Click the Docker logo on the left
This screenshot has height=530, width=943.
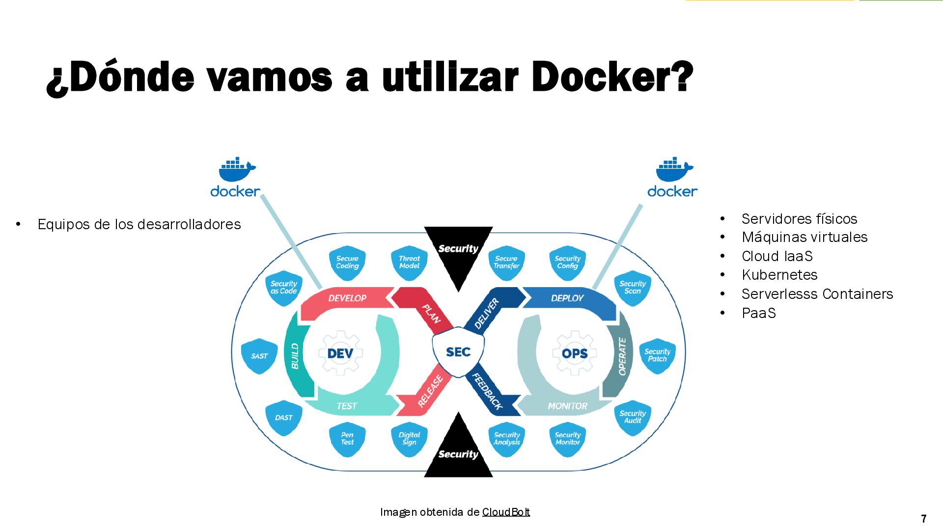tap(235, 178)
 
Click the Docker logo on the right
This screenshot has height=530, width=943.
tap(672, 178)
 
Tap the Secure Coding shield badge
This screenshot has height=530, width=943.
tap(347, 263)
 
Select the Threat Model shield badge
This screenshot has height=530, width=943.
tap(409, 263)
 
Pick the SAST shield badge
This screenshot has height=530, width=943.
tap(259, 356)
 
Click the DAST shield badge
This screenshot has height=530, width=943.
tap(283, 418)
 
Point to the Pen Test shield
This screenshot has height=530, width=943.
tap(347, 438)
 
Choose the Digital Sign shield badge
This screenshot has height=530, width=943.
tap(409, 438)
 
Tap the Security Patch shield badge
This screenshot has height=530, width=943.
tap(657, 355)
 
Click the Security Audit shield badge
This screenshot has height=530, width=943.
tap(633, 417)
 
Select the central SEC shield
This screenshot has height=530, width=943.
tap(458, 352)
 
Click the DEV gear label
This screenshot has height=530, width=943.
tap(340, 353)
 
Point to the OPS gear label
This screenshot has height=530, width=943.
tap(575, 353)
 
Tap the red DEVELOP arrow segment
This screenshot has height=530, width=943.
tap(347, 298)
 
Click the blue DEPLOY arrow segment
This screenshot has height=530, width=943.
tap(567, 298)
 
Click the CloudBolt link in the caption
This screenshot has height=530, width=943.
tap(506, 512)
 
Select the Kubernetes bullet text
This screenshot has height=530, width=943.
tap(779, 275)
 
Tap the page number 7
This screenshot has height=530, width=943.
tap(924, 519)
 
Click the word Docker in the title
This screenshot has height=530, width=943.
tap(611, 77)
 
